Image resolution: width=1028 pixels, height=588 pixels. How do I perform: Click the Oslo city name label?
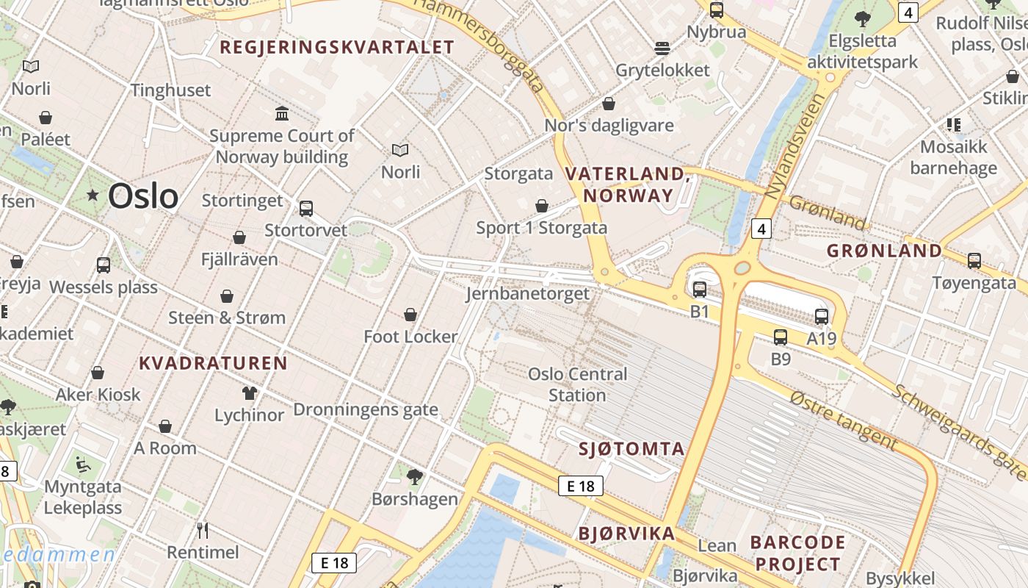coord(142,196)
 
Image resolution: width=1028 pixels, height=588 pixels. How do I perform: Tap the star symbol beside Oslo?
coord(93,196)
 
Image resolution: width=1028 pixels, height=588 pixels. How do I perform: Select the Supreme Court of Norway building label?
coord(282,146)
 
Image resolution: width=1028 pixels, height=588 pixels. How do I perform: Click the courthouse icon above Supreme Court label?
coord(282,113)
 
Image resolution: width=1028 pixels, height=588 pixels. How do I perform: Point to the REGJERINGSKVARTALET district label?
coord(337,48)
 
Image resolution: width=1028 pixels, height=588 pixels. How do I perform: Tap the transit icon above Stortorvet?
coord(306,209)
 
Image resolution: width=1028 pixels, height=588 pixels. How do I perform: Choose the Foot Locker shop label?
coord(410,337)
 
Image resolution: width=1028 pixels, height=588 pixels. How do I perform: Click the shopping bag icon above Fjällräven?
coord(239,237)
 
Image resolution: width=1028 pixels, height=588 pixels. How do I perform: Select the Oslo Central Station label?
coord(578,384)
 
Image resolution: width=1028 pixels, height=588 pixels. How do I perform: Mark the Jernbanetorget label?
coord(527,293)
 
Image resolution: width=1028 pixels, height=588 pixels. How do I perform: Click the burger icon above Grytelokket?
coord(662,49)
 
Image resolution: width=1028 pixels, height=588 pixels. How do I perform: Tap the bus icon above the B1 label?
coord(700,290)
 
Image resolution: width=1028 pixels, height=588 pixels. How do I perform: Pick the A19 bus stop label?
coord(822,338)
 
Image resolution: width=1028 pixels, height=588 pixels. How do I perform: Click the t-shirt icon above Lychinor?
coord(250,393)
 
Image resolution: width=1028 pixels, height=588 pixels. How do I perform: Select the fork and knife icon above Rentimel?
coord(203,530)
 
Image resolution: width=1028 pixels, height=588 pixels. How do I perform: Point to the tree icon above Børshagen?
coord(415,477)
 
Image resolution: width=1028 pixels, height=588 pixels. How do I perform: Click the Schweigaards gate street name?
coord(958,431)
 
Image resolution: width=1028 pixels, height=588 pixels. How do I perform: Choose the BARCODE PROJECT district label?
coord(797,553)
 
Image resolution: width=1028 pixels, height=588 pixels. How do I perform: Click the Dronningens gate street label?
coord(366,409)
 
